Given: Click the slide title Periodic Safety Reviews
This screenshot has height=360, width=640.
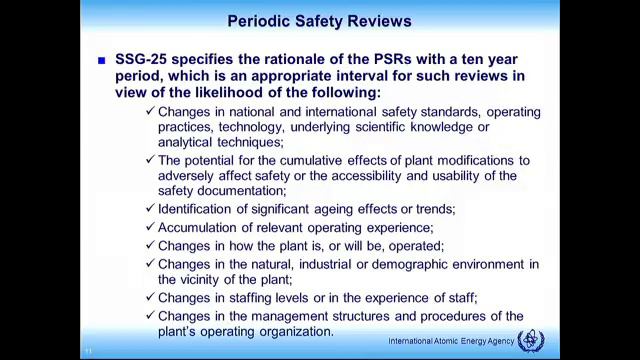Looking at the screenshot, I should point(319,20).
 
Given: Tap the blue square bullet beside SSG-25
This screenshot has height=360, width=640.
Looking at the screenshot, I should point(102,61).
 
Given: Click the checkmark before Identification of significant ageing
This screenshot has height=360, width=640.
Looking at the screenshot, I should point(149,208).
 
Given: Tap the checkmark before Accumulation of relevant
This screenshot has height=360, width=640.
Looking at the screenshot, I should point(149,227).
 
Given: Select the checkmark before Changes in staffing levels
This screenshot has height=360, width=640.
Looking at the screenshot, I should point(149,297).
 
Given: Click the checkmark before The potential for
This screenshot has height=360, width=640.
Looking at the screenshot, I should point(149,160).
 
